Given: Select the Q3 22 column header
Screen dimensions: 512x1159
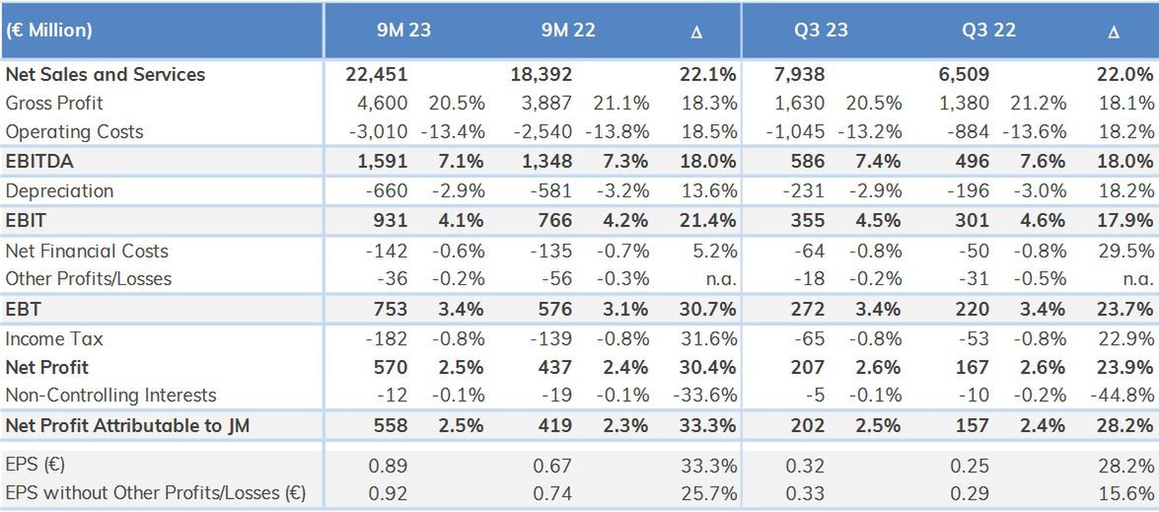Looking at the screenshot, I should click(989, 30).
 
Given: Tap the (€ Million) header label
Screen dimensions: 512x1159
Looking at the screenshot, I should click(48, 30).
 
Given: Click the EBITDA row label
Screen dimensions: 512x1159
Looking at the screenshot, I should click(38, 161).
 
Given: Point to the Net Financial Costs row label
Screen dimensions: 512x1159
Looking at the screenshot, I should click(87, 251).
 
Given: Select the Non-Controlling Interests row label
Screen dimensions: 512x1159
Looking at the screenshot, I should click(110, 395).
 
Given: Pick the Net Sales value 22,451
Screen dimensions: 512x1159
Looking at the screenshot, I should click(377, 74).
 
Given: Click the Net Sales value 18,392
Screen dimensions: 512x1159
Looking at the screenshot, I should click(542, 74).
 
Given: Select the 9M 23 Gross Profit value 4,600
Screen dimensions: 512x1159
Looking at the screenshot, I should click(382, 103).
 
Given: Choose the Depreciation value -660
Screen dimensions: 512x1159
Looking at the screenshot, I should click(385, 190).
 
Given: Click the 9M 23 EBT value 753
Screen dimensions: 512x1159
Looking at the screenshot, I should click(390, 309).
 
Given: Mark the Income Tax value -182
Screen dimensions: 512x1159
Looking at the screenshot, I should click(385, 338).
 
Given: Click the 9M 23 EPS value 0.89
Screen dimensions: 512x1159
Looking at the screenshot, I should click(388, 466).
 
